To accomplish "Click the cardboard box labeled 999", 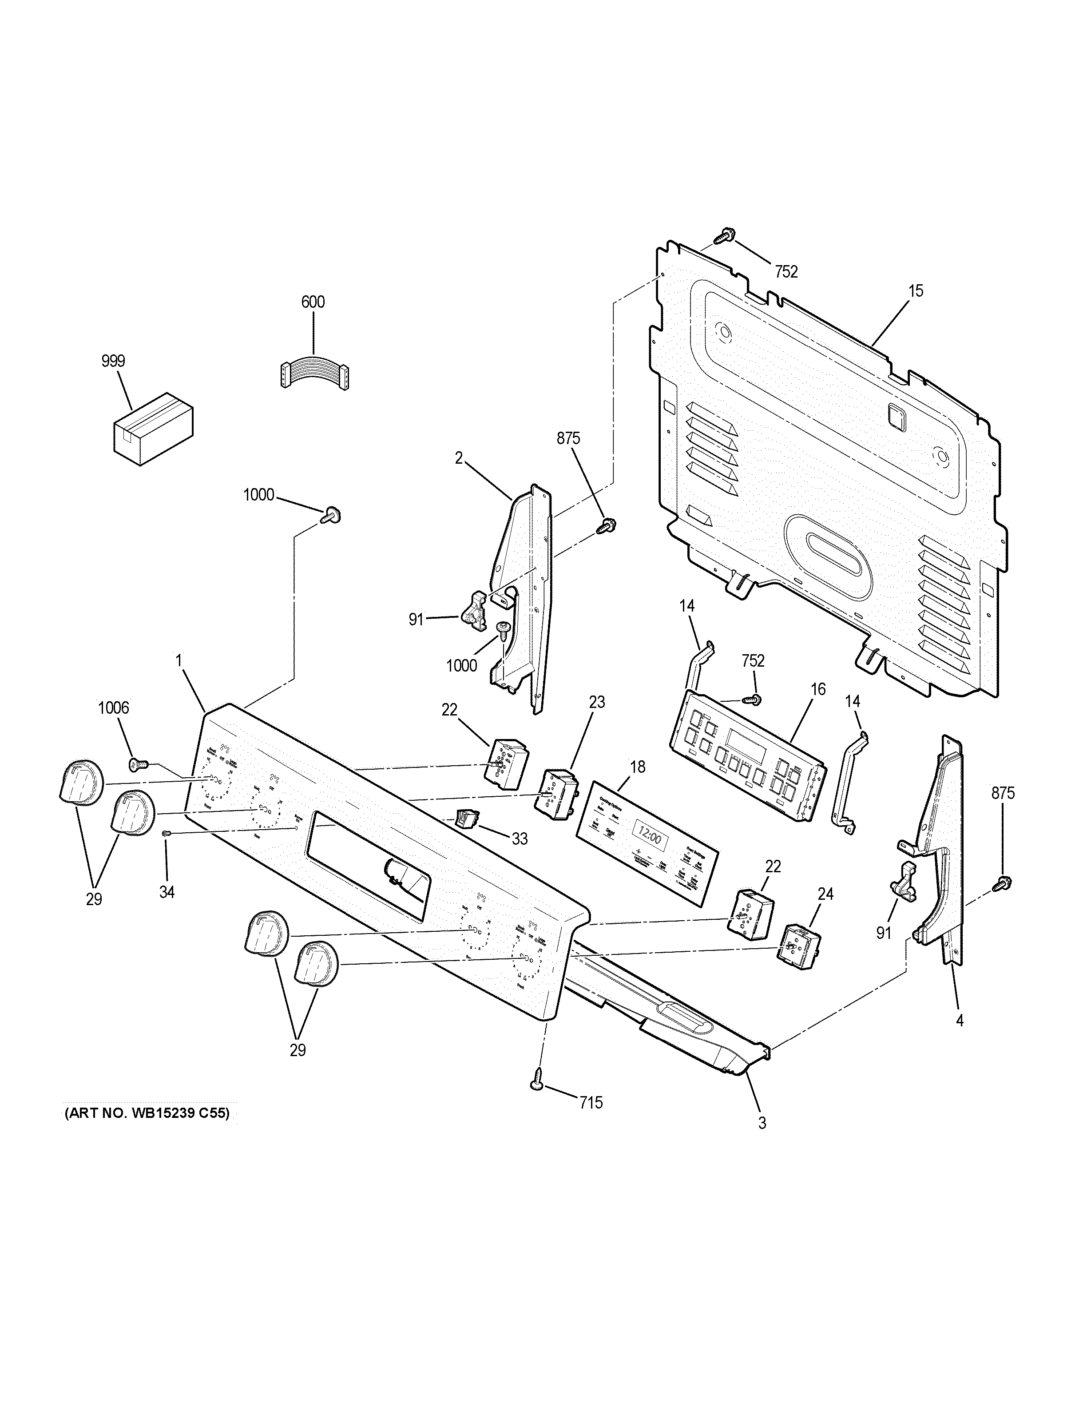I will (x=153, y=429).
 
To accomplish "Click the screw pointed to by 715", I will (x=538, y=1085).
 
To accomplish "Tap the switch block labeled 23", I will (x=555, y=792).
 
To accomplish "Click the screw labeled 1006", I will (x=137, y=765).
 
